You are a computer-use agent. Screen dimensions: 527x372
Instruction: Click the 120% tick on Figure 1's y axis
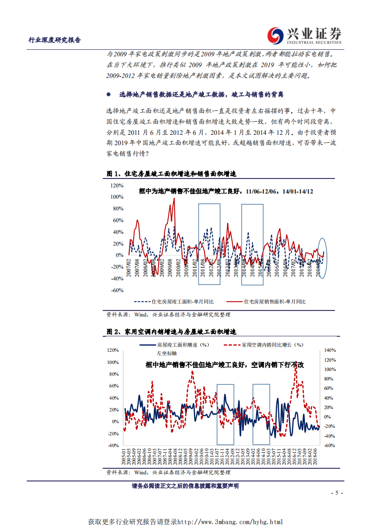tap(117, 186)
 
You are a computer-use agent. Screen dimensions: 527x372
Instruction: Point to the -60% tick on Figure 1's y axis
tap(117, 290)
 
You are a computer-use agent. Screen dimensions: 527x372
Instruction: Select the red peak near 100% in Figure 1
tap(174, 199)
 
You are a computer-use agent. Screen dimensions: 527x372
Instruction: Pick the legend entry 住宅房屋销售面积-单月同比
tap(274, 301)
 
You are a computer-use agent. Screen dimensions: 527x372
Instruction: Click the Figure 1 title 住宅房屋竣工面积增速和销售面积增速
tap(179, 174)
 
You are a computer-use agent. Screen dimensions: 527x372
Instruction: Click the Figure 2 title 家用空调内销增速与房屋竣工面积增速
tap(179, 332)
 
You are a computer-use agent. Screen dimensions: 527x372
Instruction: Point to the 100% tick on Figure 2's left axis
tap(113, 362)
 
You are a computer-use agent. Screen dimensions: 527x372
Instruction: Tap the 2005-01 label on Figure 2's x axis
tap(124, 457)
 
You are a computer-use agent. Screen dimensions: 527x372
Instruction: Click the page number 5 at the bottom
tap(336, 493)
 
